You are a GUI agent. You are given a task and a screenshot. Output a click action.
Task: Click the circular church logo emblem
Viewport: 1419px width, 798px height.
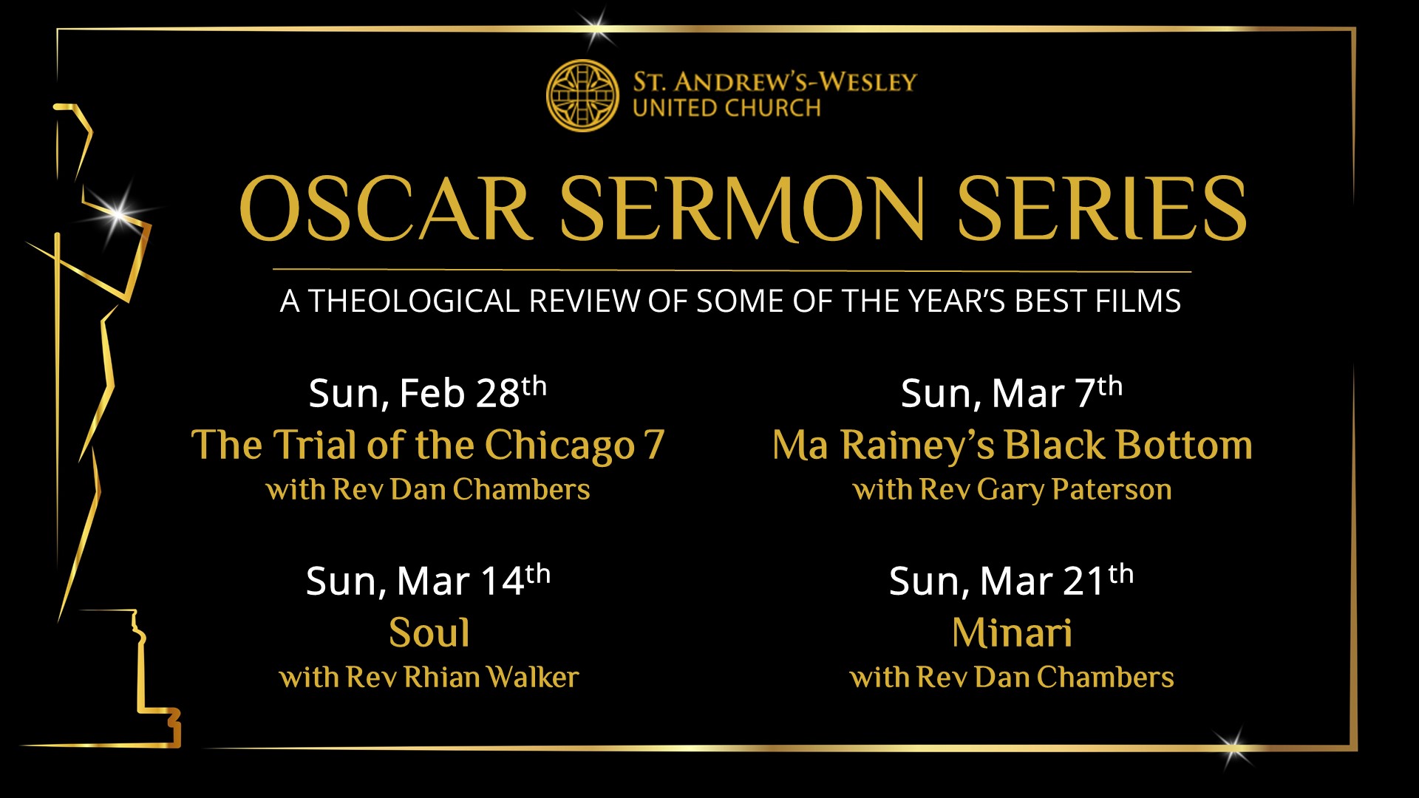[x=582, y=95]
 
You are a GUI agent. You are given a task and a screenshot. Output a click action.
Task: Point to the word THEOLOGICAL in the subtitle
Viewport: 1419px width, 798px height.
[x=413, y=301]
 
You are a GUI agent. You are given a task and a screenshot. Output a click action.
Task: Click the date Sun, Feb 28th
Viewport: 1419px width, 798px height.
[x=428, y=392]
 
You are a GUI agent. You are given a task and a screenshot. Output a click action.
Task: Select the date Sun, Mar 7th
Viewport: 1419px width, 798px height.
[x=1012, y=392]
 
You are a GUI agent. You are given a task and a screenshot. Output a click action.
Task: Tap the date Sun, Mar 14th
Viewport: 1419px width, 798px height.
[x=429, y=580]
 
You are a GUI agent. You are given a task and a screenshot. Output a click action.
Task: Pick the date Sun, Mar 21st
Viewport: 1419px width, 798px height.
[x=1012, y=580]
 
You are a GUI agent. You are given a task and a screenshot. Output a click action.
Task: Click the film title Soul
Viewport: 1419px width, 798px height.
[x=429, y=633]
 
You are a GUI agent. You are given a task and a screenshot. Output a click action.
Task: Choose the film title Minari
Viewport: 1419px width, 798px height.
[x=1012, y=633]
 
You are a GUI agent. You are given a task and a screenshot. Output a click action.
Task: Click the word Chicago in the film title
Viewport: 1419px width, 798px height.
[x=559, y=446]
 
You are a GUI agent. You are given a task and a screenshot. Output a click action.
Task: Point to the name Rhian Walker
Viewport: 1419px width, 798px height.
[x=491, y=677]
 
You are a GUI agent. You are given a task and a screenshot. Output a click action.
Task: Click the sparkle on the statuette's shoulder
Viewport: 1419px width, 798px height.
[x=119, y=214]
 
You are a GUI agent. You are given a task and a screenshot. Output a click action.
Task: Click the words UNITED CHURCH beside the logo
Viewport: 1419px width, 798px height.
[x=726, y=108]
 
